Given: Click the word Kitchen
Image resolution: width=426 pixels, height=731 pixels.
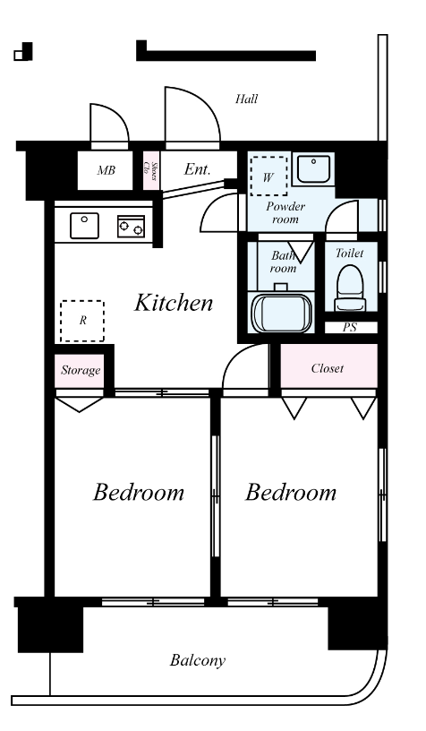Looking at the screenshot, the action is (x=174, y=303).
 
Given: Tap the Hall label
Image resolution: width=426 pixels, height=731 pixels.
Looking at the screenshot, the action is (x=246, y=99).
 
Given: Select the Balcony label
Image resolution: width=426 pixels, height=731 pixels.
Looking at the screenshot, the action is (x=198, y=660).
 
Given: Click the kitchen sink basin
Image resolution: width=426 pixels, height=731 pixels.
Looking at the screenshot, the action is (x=84, y=226).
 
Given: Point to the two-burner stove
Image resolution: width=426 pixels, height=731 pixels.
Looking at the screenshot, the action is (x=131, y=226).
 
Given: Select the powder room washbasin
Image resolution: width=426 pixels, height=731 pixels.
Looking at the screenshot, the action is (x=314, y=169).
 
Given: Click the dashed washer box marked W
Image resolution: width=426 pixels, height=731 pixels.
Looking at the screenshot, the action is (x=268, y=176).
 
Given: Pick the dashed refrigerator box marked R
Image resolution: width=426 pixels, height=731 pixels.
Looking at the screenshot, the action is (x=82, y=321).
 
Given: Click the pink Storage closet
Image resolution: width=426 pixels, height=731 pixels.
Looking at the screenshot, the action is (x=79, y=371).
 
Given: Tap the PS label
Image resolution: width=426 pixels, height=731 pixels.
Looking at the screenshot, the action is (x=350, y=327).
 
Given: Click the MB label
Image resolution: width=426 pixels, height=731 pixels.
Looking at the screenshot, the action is (x=106, y=170).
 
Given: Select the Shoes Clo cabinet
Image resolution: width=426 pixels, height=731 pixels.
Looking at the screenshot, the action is (x=151, y=170).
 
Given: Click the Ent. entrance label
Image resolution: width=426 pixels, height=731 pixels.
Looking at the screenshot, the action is (x=197, y=168).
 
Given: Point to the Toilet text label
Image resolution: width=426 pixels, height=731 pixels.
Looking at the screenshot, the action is (x=349, y=254).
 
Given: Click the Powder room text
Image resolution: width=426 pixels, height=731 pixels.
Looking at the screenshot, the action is (x=285, y=212).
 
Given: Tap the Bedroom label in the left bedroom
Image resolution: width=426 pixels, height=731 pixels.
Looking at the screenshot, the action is (x=139, y=493).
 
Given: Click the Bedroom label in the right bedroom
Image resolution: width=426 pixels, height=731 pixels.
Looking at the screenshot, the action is (x=291, y=493).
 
